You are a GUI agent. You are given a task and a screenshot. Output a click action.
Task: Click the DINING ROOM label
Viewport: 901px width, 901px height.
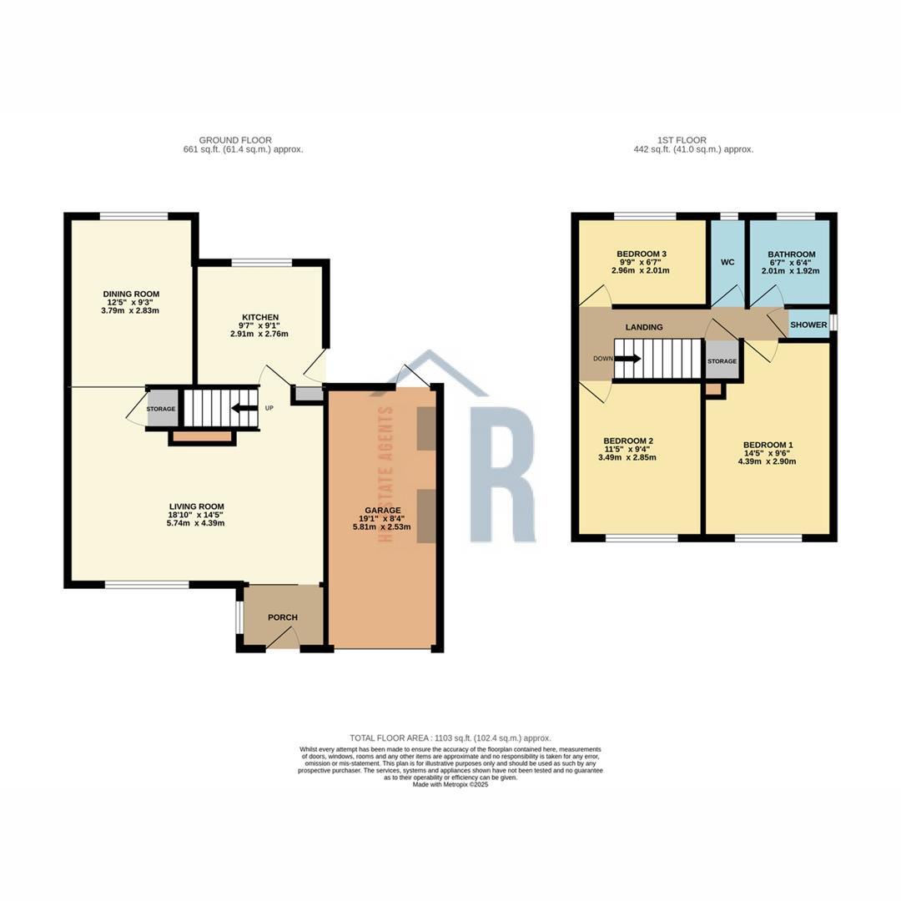(131, 294)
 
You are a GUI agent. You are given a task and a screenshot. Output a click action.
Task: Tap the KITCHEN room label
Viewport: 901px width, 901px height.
(259, 317)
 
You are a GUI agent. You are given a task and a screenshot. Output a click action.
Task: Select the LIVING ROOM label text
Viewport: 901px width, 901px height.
(196, 506)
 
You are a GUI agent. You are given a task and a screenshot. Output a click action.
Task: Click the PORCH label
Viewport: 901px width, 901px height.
(282, 617)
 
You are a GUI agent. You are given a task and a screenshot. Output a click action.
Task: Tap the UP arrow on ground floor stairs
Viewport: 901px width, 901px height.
(244, 408)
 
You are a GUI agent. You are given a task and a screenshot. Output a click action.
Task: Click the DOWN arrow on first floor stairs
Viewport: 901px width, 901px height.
(628, 359)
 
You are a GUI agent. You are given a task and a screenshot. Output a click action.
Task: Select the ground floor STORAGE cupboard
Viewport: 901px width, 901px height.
(161, 409)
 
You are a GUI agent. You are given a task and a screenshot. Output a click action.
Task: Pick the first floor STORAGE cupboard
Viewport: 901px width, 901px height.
(722, 361)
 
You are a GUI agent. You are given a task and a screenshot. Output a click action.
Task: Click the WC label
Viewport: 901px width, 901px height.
(727, 262)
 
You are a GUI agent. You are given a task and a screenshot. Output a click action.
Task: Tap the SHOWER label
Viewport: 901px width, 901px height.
(808, 325)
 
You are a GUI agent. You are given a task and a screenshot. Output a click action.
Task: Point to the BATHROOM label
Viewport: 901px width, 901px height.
(791, 254)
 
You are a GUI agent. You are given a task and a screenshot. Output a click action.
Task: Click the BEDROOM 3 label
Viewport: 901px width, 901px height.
(641, 254)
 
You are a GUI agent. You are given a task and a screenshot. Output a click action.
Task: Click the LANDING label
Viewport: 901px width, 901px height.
(644, 327)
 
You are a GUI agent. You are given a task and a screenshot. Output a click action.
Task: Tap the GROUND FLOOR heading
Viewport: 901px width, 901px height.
(234, 140)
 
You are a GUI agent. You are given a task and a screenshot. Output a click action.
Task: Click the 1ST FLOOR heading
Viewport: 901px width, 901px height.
(681, 140)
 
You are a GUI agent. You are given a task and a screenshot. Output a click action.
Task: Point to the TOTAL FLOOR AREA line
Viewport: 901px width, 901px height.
(450, 738)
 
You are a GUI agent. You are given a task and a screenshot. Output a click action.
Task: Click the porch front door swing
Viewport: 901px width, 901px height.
(285, 637)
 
